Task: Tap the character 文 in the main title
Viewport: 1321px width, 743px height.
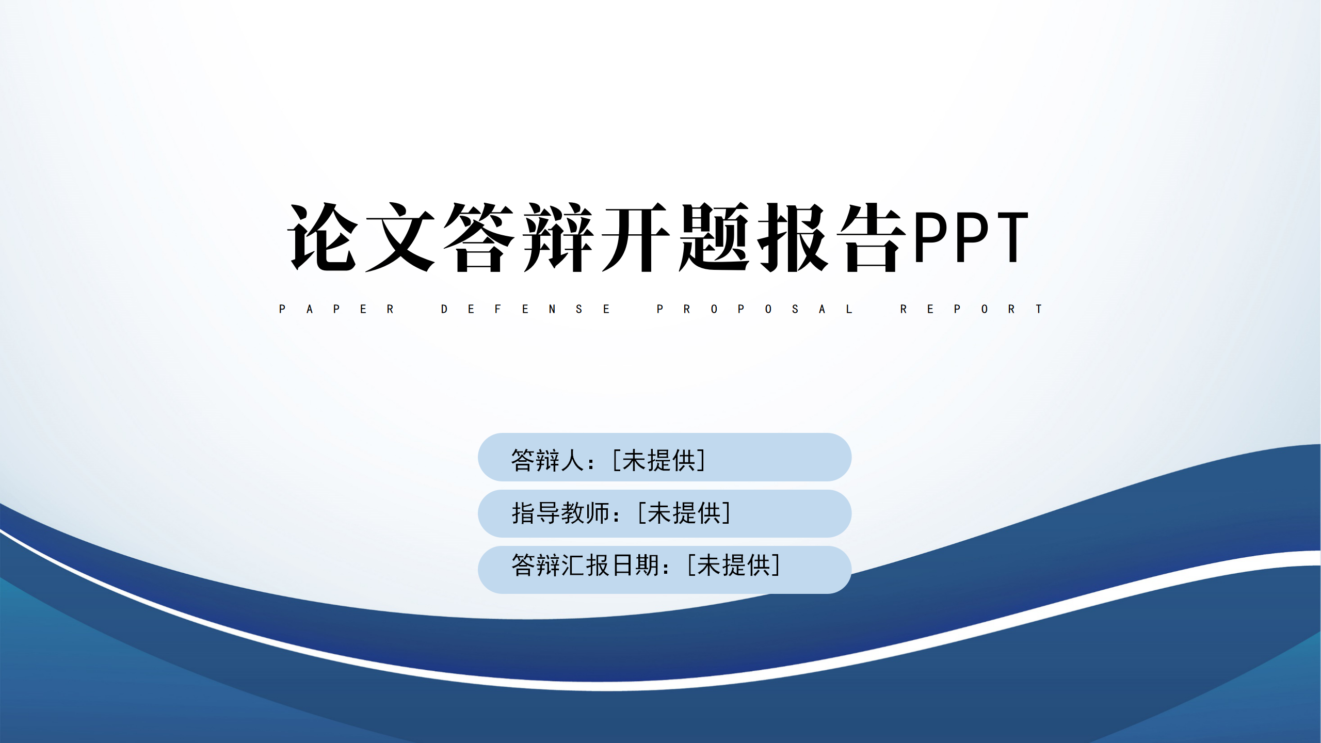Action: point(401,237)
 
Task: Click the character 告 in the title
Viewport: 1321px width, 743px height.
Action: point(872,237)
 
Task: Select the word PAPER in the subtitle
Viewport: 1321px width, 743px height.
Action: point(336,309)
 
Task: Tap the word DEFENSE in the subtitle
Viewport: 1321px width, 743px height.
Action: point(525,309)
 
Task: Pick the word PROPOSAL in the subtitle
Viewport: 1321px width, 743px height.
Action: point(754,309)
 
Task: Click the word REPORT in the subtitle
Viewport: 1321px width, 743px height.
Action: point(971,309)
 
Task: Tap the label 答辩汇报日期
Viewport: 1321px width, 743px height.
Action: point(585,565)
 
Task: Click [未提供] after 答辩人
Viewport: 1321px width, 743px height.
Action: point(659,460)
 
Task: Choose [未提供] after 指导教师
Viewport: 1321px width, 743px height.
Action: point(684,513)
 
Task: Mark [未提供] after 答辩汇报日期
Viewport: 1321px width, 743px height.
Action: point(734,565)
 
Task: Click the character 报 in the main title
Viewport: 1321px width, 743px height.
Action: point(793,237)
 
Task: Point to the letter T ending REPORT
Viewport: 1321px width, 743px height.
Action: point(1039,309)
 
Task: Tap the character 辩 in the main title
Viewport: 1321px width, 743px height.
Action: point(558,237)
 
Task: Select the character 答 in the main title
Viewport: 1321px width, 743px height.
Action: point(479,237)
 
